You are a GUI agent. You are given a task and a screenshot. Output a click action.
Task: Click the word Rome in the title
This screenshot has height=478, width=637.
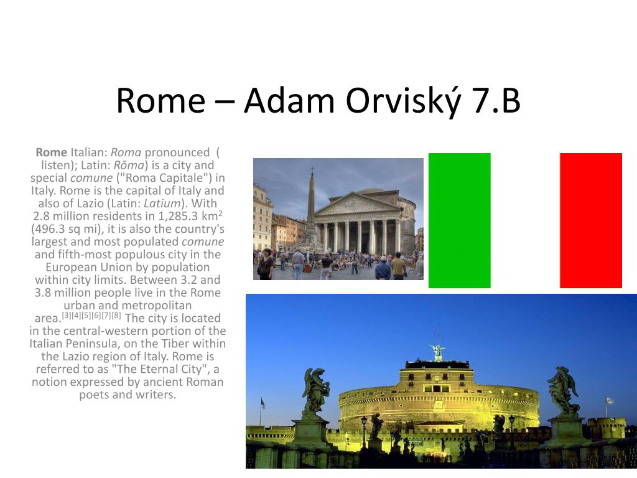click(161, 100)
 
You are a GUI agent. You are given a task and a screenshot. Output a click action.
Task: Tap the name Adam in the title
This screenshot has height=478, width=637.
click(289, 100)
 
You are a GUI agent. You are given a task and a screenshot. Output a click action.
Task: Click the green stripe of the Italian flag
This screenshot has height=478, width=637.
click(460, 220)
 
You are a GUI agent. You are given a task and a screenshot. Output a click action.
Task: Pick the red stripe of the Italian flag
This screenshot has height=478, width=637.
click(591, 220)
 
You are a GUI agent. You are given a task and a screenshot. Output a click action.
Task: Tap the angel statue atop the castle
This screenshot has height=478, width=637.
click(437, 352)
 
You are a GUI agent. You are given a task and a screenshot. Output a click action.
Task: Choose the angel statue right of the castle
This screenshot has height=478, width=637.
click(563, 390)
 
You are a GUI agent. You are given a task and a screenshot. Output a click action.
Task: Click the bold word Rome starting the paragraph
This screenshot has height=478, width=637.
click(51, 152)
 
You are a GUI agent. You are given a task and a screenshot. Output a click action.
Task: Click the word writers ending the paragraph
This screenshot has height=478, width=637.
click(156, 395)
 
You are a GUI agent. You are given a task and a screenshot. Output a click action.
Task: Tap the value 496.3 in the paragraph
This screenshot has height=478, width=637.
click(50, 229)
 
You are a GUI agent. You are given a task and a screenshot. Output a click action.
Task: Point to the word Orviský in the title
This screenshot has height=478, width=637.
click(403, 101)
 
